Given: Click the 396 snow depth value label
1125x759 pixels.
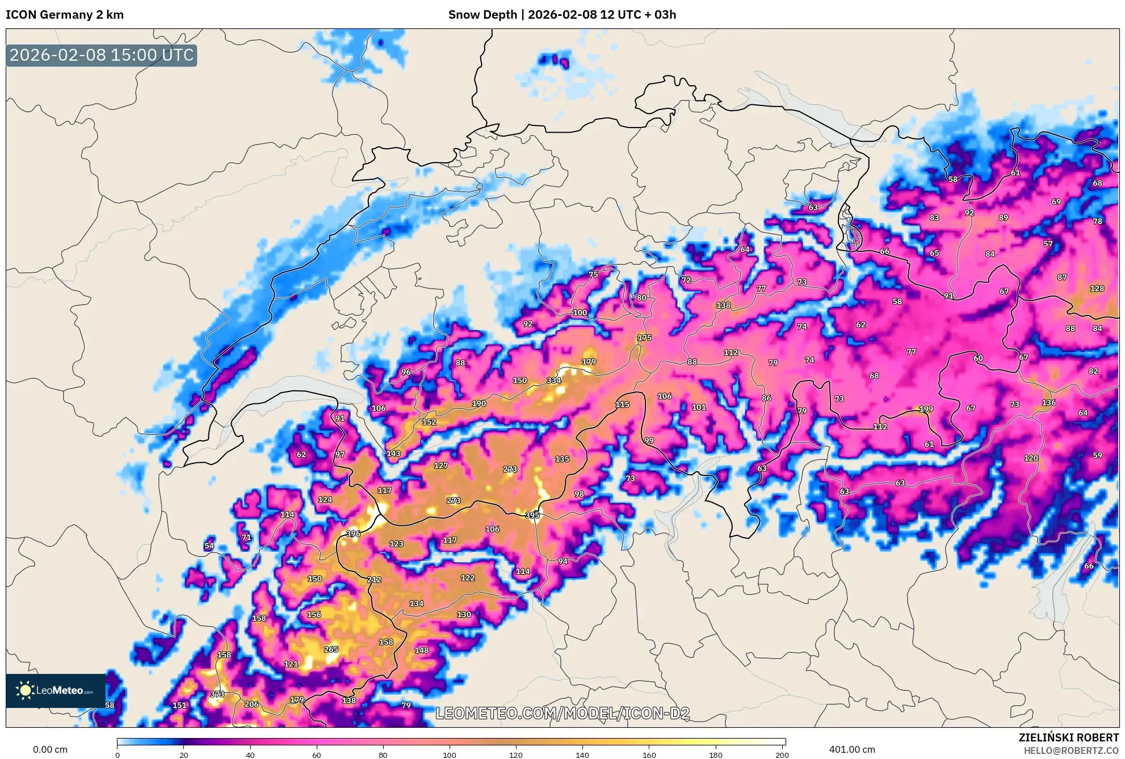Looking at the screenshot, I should click(353, 534).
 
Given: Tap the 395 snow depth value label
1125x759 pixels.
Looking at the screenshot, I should click(532, 515).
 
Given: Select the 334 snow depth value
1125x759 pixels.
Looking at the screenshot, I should click(554, 381).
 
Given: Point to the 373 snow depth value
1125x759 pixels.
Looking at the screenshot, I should click(217, 694).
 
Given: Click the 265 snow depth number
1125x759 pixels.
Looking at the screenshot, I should click(331, 650).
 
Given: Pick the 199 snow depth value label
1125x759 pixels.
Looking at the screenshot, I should click(926, 409).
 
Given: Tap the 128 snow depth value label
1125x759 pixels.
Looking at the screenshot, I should click(1097, 288).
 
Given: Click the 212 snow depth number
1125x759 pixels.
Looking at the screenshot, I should click(374, 580).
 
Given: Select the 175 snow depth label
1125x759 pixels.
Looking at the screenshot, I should click(644, 338).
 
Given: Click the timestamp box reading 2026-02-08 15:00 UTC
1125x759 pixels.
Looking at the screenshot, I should click(102, 55).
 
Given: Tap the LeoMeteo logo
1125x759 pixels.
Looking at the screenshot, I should click(55, 690).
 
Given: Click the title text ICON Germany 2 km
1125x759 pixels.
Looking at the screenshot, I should click(65, 15).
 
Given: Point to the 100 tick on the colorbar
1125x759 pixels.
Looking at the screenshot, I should click(450, 755).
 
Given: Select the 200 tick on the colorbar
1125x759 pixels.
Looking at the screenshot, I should click(782, 755).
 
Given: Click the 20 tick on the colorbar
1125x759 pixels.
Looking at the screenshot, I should click(183, 755).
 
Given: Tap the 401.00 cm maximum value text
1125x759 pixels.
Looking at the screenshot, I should click(852, 750).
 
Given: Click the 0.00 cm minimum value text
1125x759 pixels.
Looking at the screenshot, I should click(50, 750).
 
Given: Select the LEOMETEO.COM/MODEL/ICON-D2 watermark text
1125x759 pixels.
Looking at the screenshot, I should click(562, 714).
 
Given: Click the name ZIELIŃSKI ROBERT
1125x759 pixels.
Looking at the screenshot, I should click(1069, 738).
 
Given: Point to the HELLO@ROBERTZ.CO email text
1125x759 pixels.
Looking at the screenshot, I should click(1071, 750).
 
